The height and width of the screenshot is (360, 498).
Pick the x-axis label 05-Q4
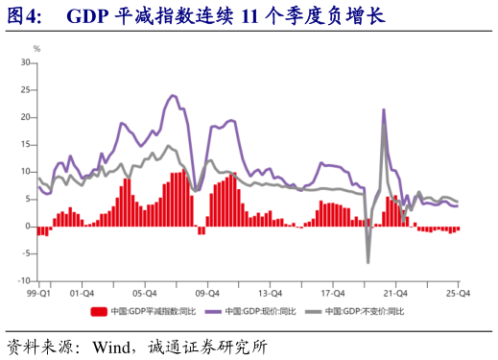tap(145, 294)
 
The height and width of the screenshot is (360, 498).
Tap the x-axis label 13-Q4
tap(271, 294)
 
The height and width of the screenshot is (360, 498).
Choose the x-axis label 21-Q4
tap(396, 294)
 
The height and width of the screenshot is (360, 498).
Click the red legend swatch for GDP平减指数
tap(99, 312)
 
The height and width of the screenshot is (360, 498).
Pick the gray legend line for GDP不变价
tap(312, 312)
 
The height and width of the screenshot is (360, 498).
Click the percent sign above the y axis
tap(36, 48)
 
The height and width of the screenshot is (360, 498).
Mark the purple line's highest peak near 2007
tap(173, 95)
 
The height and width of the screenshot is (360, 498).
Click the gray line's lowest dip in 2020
tap(368, 262)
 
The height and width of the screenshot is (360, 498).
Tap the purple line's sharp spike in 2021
tap(384, 109)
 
